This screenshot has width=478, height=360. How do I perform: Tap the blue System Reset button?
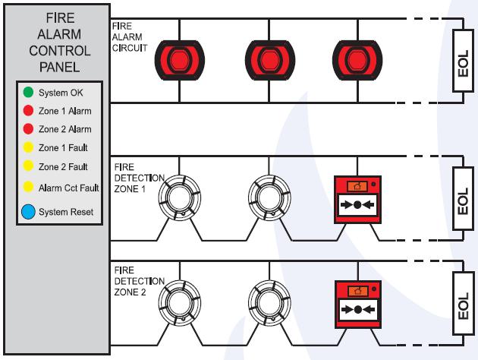point(29,212)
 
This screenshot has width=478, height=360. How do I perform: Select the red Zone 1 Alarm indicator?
point(28,111)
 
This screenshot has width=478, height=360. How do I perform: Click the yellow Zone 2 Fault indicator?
point(28,166)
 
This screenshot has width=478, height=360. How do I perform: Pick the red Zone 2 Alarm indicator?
point(28,129)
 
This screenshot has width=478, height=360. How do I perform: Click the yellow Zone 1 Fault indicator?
point(28,147)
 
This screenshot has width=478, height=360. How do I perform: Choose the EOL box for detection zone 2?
point(462,304)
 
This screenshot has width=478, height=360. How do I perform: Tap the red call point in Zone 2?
point(357,304)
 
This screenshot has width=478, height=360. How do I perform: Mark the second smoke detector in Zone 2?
point(268,301)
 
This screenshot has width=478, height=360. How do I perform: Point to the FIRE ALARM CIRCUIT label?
point(127,36)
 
